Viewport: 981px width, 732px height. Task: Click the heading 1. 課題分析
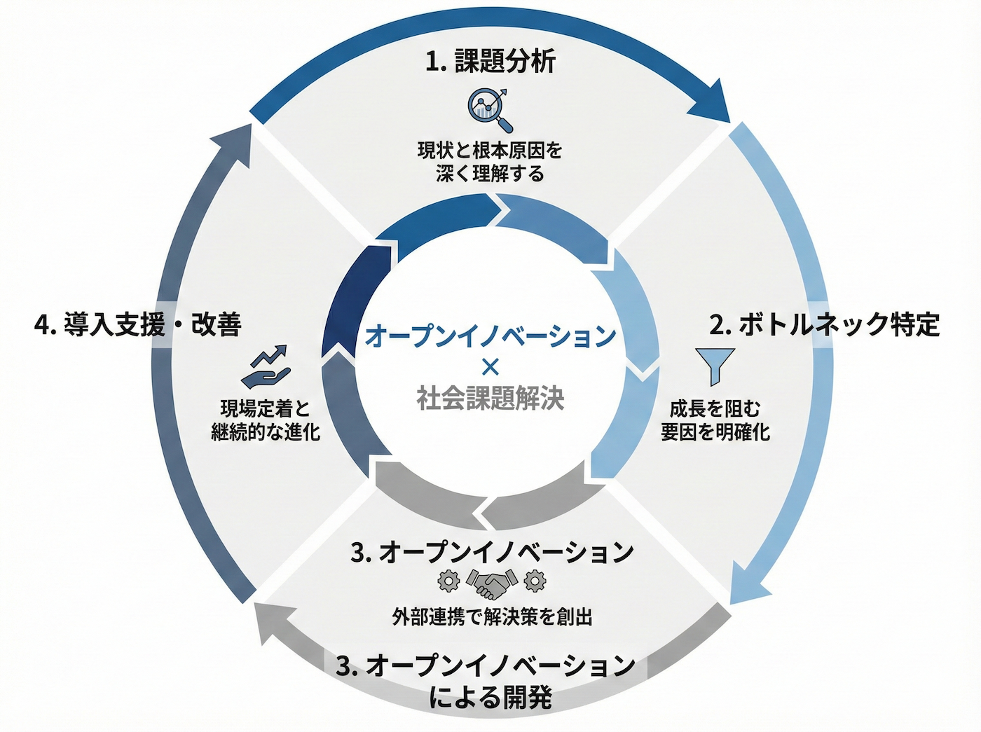pyautogui.click(x=490, y=62)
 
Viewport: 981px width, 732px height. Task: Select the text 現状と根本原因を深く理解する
pyautogui.click(x=490, y=162)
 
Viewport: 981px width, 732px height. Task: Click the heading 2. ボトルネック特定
pyautogui.click(x=824, y=324)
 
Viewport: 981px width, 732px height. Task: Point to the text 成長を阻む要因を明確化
pyautogui.click(x=715, y=420)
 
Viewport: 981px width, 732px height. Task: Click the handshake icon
pyautogui.click(x=491, y=582)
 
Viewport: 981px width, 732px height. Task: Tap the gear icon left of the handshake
pyautogui.click(x=448, y=581)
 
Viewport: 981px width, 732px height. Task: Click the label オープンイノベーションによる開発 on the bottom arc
pyautogui.click(x=490, y=680)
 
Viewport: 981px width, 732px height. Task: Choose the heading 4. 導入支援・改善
pyautogui.click(x=138, y=324)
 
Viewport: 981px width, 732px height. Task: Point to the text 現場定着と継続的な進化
pyautogui.click(x=266, y=420)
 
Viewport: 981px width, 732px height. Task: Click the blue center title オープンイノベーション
pyautogui.click(x=490, y=335)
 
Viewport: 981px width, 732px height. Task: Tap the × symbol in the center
pyautogui.click(x=490, y=366)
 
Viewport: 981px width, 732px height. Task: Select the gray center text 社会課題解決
pyautogui.click(x=490, y=398)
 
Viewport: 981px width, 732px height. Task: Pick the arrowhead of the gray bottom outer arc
pyautogui.click(x=267, y=624)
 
